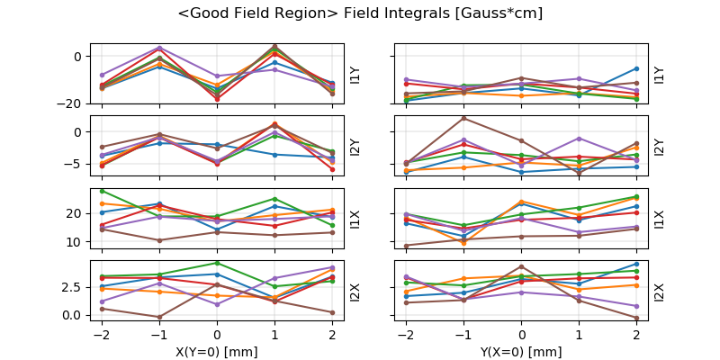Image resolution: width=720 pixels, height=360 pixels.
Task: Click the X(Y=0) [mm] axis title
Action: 216,352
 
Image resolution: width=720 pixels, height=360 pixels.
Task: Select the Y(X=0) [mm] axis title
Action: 520,352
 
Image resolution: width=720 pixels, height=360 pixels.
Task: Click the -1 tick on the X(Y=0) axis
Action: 157,334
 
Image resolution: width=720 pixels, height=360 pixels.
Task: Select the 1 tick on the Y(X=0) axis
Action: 579,334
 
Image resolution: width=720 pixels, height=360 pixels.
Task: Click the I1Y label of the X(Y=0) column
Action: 355,74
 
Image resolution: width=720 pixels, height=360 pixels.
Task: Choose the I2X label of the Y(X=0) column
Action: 660,292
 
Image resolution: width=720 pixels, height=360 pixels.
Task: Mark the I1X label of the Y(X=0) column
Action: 660,219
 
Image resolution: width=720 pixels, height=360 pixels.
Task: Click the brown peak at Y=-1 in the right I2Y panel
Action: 463,118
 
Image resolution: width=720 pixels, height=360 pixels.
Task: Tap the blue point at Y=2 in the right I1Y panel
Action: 636,68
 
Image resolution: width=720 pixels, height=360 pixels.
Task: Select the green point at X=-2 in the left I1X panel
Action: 102,191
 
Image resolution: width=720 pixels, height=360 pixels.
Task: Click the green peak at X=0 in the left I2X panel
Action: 217,263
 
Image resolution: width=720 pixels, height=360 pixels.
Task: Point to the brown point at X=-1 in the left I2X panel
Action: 159,317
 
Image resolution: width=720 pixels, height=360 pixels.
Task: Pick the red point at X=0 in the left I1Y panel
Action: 217,99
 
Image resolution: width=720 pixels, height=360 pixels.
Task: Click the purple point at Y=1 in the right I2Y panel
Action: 579,139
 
